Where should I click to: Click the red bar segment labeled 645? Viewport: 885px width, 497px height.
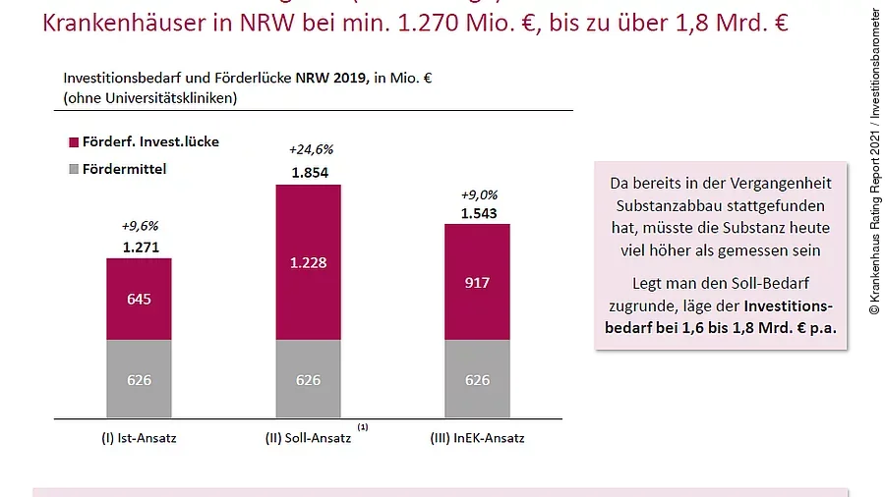click(x=139, y=299)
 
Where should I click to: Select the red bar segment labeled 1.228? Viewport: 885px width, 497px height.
click(x=308, y=262)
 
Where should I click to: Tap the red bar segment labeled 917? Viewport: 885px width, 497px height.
click(x=477, y=282)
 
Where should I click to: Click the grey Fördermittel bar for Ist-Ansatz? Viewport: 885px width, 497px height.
click(x=139, y=378)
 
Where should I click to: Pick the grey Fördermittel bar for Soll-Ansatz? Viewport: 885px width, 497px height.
click(x=308, y=378)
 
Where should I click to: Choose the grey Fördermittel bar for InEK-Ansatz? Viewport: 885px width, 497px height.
click(x=477, y=378)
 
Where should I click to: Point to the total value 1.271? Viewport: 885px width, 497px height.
click(x=141, y=248)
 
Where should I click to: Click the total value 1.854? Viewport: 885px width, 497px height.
click(x=311, y=173)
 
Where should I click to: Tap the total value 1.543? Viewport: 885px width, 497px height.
click(x=479, y=213)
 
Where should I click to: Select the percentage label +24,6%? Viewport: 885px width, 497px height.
click(x=311, y=150)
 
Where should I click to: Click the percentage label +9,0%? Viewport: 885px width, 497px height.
click(x=479, y=194)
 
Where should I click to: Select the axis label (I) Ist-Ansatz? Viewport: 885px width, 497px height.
click(x=139, y=438)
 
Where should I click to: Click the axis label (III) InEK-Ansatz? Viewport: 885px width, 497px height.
click(x=477, y=438)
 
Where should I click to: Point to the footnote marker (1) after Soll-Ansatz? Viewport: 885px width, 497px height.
click(x=363, y=427)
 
